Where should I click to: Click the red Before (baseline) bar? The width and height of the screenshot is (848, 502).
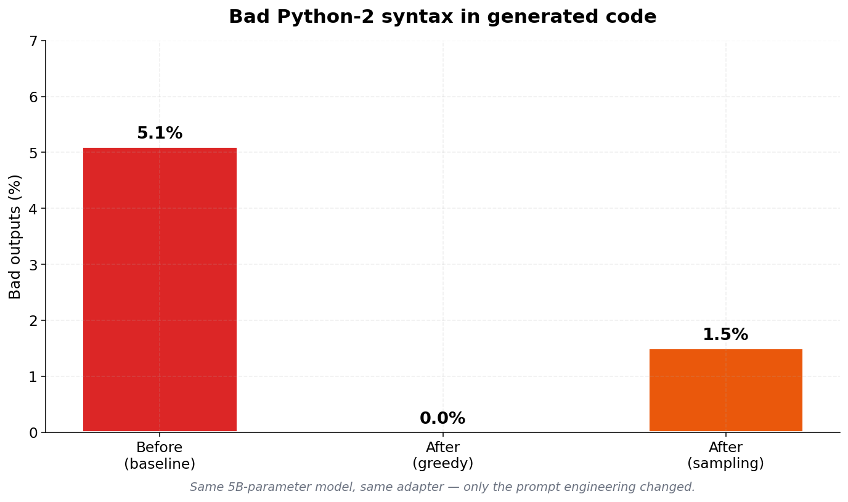(160, 289)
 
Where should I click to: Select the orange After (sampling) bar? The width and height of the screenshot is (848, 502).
(725, 391)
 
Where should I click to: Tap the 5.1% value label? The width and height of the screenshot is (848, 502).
(160, 134)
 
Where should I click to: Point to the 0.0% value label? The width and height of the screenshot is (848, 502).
(442, 419)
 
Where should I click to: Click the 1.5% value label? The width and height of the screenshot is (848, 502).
(725, 335)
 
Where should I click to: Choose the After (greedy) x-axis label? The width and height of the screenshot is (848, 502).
(442, 456)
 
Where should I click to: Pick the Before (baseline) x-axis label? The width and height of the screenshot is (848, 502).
(160, 456)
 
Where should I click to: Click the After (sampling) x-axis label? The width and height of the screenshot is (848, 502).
(725, 456)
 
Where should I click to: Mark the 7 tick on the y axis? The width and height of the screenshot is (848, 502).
(33, 41)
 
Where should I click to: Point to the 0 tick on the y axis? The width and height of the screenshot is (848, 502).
(33, 432)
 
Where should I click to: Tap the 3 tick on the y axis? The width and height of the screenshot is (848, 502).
(33, 265)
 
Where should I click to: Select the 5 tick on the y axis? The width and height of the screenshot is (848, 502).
(33, 153)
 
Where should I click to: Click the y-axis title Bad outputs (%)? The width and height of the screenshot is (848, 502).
(15, 237)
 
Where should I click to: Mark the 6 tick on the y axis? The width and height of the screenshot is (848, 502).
(33, 97)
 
